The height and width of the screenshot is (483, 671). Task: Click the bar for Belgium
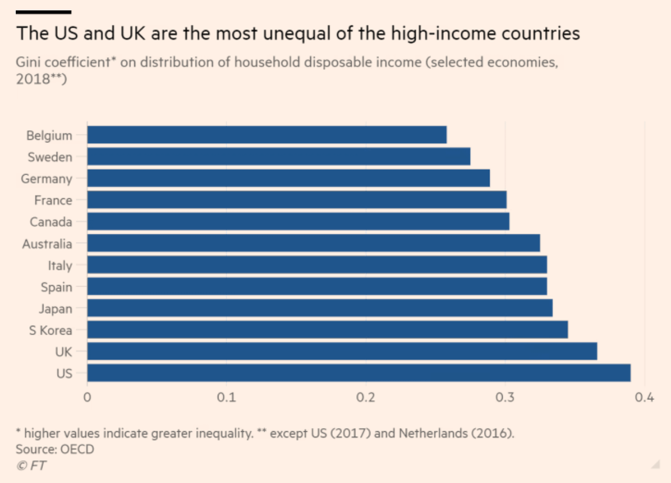(267, 135)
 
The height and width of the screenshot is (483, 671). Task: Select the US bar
(359, 372)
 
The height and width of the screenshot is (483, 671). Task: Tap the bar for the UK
(342, 351)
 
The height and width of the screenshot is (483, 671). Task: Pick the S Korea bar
(328, 329)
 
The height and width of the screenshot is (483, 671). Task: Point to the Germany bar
(289, 178)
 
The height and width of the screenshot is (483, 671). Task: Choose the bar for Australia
(314, 243)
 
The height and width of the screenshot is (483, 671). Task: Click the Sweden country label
(50, 157)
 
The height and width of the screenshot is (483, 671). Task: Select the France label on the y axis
(53, 200)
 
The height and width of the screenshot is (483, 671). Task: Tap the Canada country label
(51, 222)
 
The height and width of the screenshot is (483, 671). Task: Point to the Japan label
(55, 308)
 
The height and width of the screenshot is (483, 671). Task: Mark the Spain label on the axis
(56, 287)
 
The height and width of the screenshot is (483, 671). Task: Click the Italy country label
(60, 265)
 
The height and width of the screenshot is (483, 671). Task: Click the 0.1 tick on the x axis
(226, 398)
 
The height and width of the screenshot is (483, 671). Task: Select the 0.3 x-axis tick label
(505, 398)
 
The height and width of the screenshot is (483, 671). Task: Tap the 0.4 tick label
(644, 398)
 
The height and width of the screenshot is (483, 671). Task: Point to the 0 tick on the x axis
(87, 398)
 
